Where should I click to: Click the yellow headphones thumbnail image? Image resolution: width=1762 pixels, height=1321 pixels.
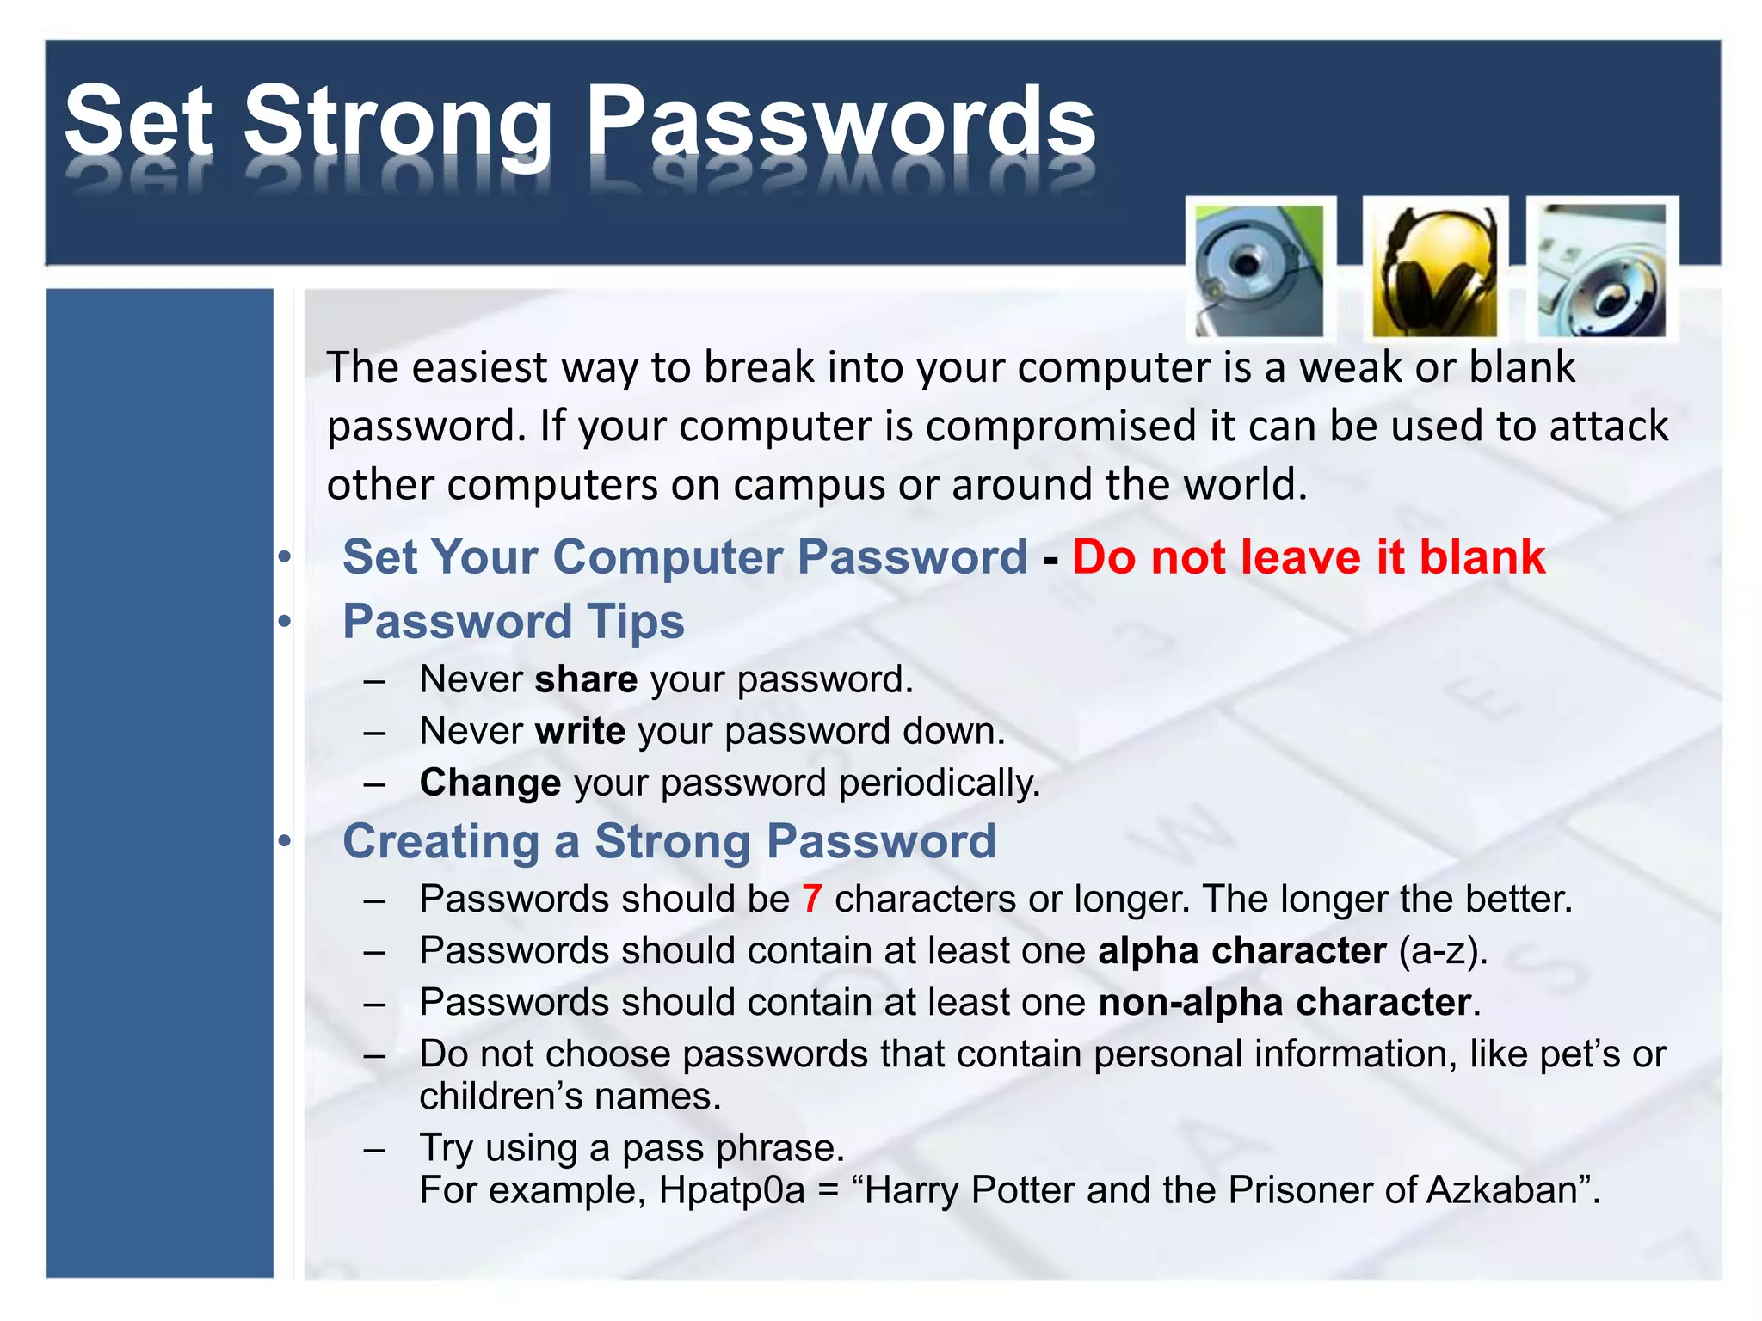[x=1434, y=270]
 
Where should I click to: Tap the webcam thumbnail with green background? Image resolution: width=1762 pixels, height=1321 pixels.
[x=1260, y=270]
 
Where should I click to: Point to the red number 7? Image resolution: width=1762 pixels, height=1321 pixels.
[x=811, y=899]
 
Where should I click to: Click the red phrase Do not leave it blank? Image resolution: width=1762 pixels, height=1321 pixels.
[x=1308, y=556]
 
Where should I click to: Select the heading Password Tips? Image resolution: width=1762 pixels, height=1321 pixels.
[x=513, y=621]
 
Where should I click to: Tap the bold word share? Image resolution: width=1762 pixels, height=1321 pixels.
[x=586, y=679]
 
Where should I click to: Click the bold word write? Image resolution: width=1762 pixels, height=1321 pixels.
[x=580, y=731]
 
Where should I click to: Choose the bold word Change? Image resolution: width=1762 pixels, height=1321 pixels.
[x=490, y=783]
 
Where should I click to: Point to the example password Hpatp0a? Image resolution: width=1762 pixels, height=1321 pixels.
[x=731, y=1190]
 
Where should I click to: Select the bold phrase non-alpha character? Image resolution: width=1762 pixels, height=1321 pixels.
[x=1285, y=1003]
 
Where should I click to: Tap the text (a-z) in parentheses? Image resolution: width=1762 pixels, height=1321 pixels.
[x=1440, y=951]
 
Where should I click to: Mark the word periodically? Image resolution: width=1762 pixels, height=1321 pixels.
[x=939, y=783]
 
